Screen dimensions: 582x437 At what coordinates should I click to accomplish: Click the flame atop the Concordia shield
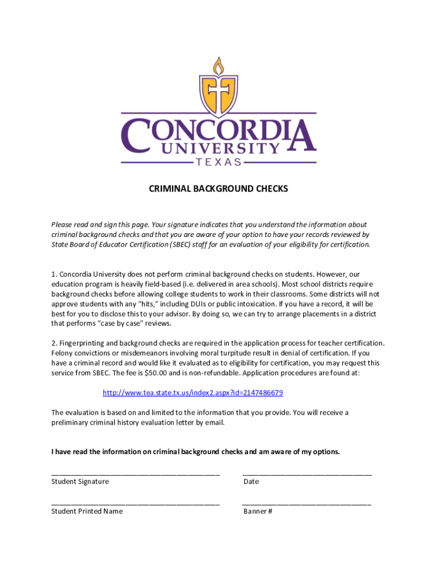pyautogui.click(x=218, y=67)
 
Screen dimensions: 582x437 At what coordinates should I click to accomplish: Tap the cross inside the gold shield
pyautogui.click(x=218, y=93)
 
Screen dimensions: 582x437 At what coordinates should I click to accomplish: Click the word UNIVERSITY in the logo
pyautogui.click(x=218, y=148)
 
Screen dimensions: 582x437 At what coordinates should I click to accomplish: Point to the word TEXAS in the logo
pyautogui.click(x=218, y=162)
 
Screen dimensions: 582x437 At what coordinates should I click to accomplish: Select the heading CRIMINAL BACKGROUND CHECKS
pyautogui.click(x=218, y=189)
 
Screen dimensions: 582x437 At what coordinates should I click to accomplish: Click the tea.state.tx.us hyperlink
pyautogui.click(x=192, y=393)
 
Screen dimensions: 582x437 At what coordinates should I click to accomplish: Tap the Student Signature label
pyautogui.click(x=80, y=481)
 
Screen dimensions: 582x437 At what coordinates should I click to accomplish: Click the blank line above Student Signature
pyautogui.click(x=135, y=473)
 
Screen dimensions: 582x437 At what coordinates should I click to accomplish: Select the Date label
pyautogui.click(x=251, y=481)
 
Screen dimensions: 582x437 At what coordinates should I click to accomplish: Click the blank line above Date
pyautogui.click(x=307, y=473)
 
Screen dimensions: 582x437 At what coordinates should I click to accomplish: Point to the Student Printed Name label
pyautogui.click(x=87, y=511)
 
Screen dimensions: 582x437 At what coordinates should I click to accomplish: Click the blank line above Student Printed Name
pyautogui.click(x=135, y=504)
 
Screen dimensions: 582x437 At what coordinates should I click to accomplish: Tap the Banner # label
pyautogui.click(x=258, y=511)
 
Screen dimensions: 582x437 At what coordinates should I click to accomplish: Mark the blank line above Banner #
pyautogui.click(x=307, y=504)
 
